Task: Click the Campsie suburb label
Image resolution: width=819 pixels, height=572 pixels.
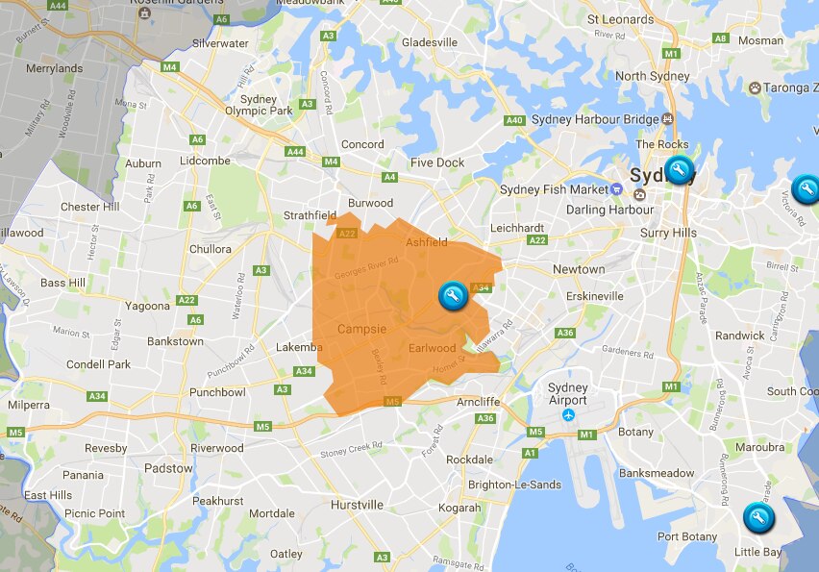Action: click(x=361, y=330)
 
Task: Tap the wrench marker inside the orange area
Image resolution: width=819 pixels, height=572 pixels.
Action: click(x=451, y=296)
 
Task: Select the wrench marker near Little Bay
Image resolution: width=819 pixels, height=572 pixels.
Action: click(x=758, y=518)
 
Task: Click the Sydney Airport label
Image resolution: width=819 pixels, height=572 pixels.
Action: click(x=567, y=394)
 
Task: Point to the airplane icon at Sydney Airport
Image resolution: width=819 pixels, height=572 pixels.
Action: click(x=568, y=415)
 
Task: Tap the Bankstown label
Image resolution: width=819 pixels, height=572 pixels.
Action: click(x=175, y=341)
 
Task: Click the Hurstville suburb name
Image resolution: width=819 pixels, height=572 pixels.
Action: click(x=356, y=505)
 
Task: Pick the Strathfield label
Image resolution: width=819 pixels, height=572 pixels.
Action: click(x=310, y=215)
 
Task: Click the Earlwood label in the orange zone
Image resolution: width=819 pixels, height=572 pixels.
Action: click(x=433, y=348)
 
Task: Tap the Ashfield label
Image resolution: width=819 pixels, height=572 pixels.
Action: click(x=427, y=242)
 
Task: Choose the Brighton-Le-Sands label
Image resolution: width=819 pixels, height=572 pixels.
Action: click(x=514, y=485)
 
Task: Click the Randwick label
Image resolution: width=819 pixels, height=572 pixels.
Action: click(x=740, y=336)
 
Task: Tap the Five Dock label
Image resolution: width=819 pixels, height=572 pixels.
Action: click(x=437, y=162)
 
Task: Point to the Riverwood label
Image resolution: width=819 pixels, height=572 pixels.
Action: click(x=216, y=448)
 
